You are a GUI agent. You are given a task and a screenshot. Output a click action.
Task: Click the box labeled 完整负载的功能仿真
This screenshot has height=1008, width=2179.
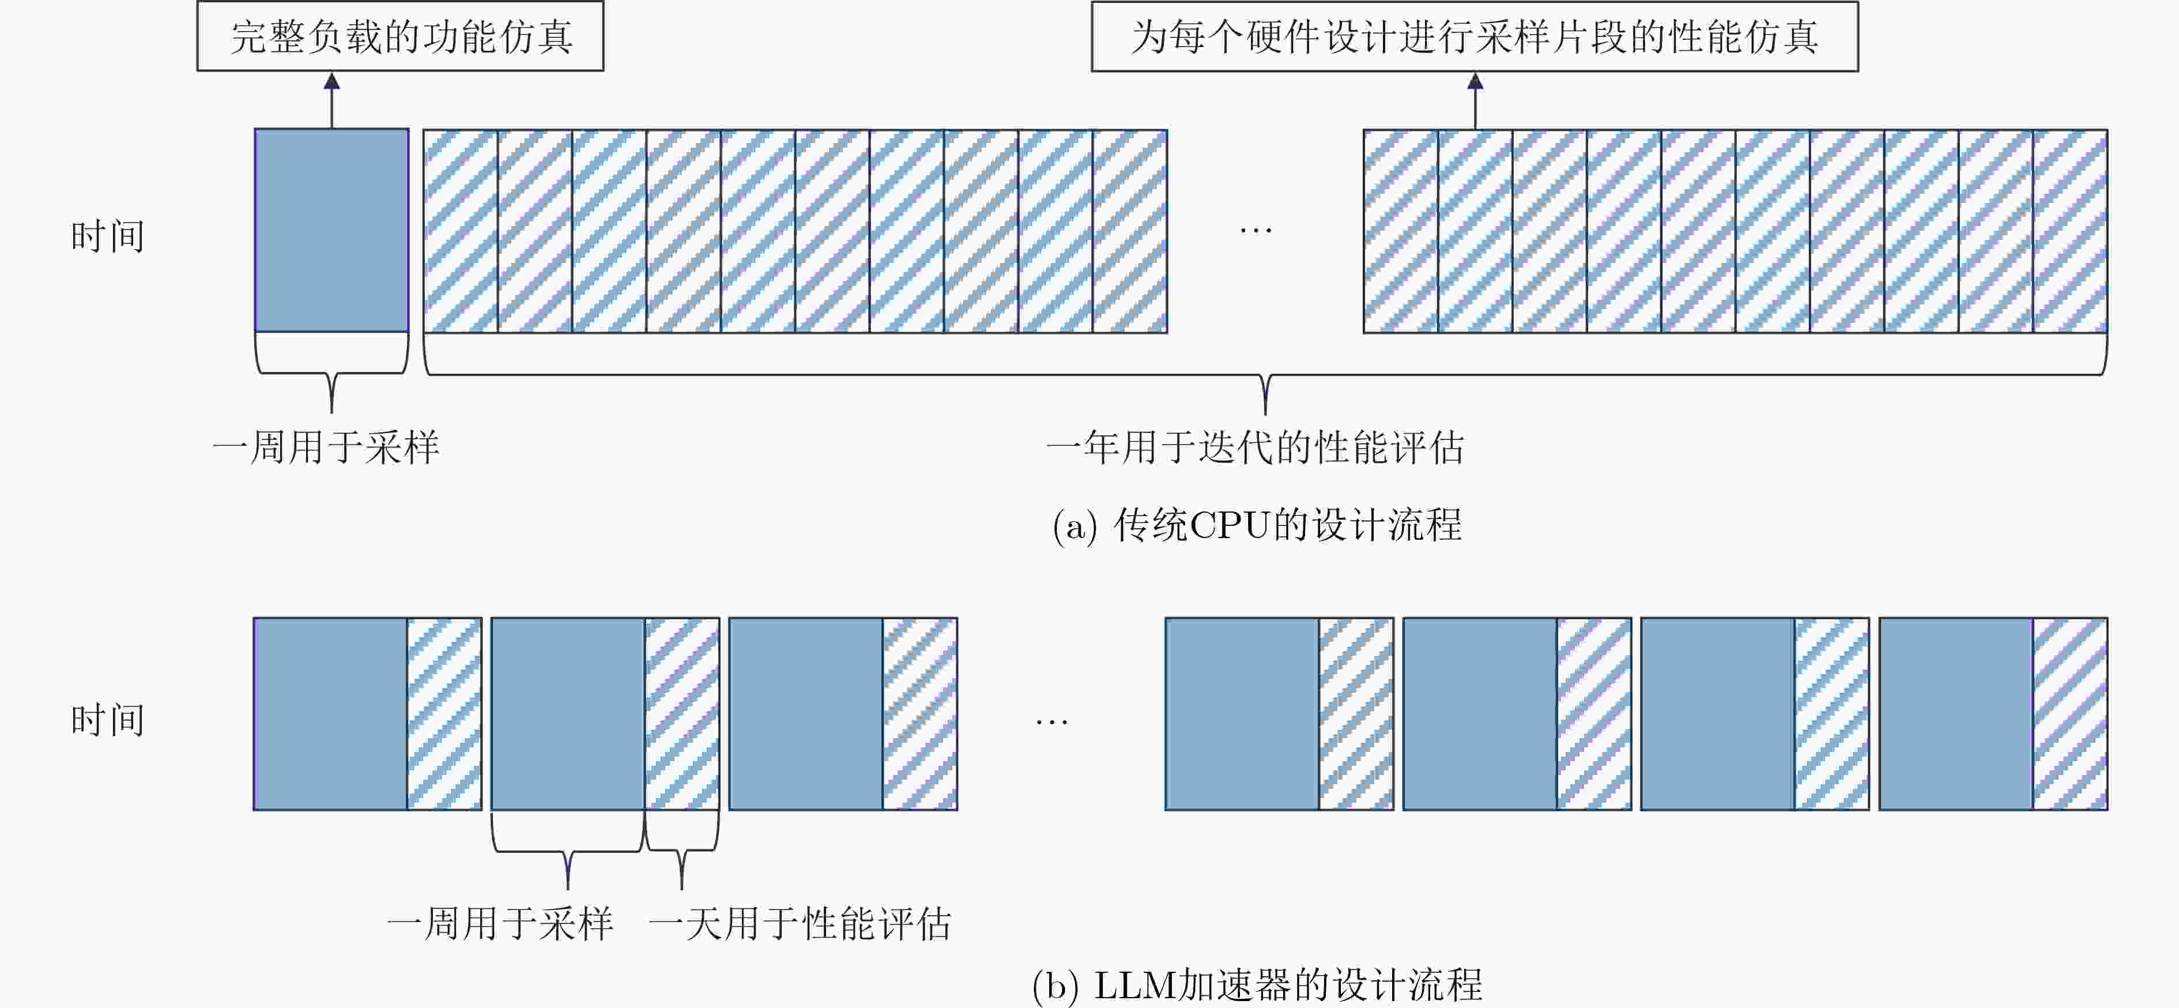point(400,36)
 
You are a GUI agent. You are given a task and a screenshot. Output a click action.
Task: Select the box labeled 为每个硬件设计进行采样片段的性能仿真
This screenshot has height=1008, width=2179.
point(1475,36)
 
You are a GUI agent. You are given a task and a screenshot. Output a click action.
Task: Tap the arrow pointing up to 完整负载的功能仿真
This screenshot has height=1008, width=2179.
point(331,101)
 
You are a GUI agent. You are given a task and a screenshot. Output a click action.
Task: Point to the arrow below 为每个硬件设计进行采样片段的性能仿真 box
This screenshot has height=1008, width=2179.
point(1475,101)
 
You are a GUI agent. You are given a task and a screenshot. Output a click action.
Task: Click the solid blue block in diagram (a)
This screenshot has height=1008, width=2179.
point(331,230)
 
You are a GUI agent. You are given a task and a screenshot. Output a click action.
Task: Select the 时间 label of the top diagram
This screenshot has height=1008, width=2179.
point(107,236)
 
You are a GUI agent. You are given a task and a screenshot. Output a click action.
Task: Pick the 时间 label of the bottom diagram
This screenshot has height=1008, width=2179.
point(107,720)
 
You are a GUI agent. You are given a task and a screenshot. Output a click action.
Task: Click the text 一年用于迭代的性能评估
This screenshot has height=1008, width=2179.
point(1256,447)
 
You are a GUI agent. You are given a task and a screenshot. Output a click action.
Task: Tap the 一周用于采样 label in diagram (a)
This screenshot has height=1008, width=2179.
point(326,447)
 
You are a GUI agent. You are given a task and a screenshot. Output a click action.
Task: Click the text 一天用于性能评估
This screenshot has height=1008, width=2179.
point(800,923)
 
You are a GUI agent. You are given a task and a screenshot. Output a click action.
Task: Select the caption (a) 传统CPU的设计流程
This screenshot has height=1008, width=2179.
point(1257,525)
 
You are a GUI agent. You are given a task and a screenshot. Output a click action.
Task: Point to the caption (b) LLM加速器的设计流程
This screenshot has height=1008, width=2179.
point(1257,985)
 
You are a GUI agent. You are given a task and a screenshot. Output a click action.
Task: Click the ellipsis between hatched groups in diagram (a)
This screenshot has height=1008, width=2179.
point(1256,230)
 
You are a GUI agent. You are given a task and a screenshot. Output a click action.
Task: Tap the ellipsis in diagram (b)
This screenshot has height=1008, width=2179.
point(1051,722)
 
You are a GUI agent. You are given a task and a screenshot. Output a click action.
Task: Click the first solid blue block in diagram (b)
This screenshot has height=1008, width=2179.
point(331,713)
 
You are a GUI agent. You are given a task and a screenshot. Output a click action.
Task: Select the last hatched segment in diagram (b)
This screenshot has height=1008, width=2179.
point(2070,713)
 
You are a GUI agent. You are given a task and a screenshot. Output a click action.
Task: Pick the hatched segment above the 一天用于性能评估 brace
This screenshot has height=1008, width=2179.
point(682,713)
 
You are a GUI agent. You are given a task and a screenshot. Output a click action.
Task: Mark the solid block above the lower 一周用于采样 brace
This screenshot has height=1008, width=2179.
point(568,713)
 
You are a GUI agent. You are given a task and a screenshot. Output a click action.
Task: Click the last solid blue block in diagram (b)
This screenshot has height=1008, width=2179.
point(1956,713)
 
